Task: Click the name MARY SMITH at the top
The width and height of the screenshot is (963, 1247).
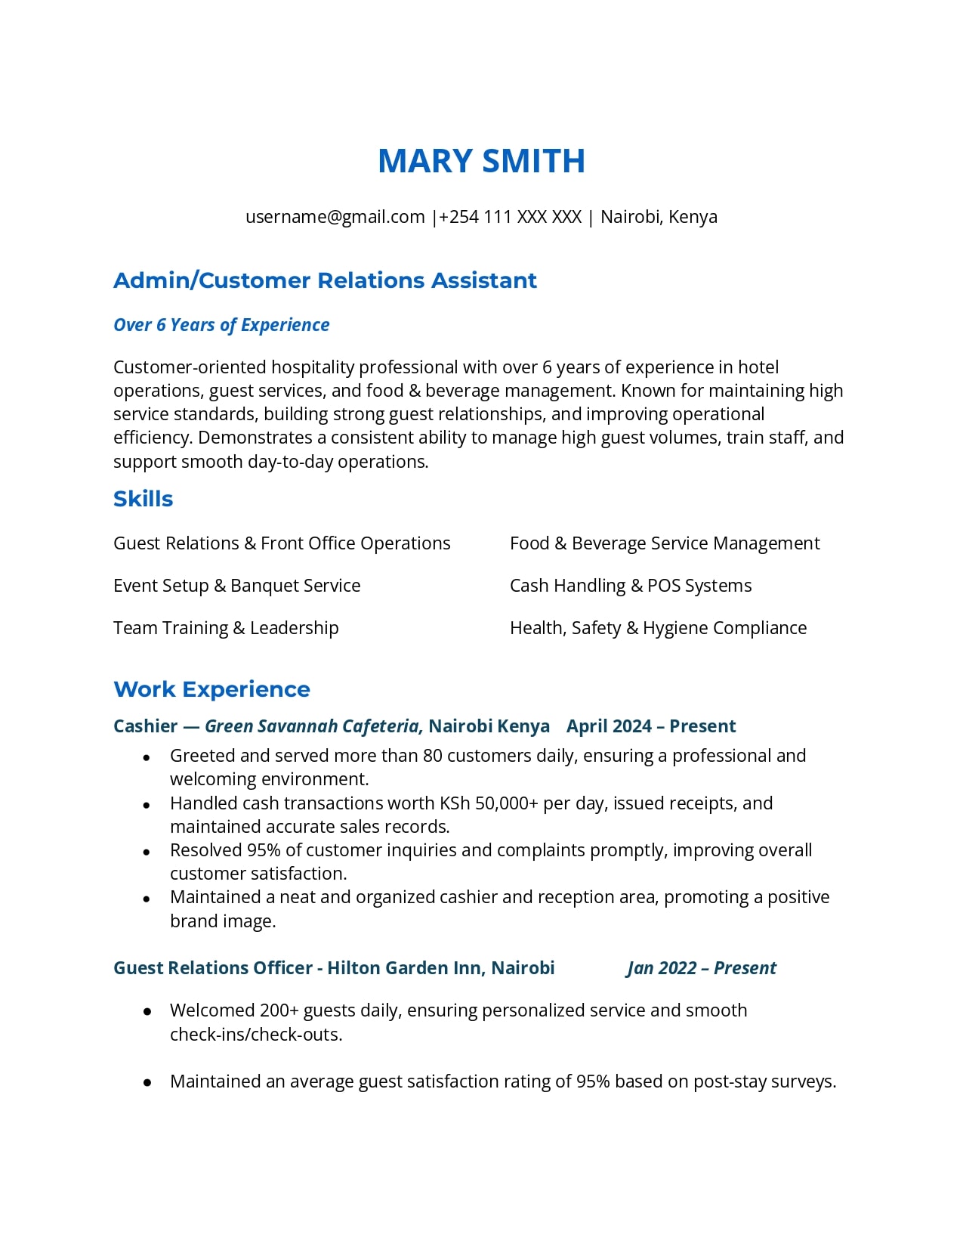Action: [481, 161]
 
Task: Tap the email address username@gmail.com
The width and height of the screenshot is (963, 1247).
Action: [335, 217]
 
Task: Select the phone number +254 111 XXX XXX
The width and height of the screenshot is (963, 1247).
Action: [510, 217]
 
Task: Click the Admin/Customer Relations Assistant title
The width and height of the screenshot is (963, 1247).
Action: [325, 280]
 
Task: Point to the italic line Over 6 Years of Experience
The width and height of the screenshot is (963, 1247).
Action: [221, 325]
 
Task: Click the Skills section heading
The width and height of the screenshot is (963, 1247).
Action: [143, 499]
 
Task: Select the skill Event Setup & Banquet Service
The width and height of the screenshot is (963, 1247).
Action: [236, 586]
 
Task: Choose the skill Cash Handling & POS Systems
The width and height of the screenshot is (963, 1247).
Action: [631, 586]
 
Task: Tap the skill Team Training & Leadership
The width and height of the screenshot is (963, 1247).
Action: [226, 628]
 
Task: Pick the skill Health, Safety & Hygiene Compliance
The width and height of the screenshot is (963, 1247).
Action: [658, 628]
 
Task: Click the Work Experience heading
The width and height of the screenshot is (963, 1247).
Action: [211, 689]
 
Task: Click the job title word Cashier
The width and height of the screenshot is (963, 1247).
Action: [145, 726]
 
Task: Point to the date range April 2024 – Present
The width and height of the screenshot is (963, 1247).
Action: [650, 726]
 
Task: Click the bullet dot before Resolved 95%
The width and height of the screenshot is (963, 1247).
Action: [147, 852]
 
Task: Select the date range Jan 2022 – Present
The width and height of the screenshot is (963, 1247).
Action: [701, 968]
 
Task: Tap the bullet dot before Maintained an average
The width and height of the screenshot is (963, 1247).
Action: [147, 1083]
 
